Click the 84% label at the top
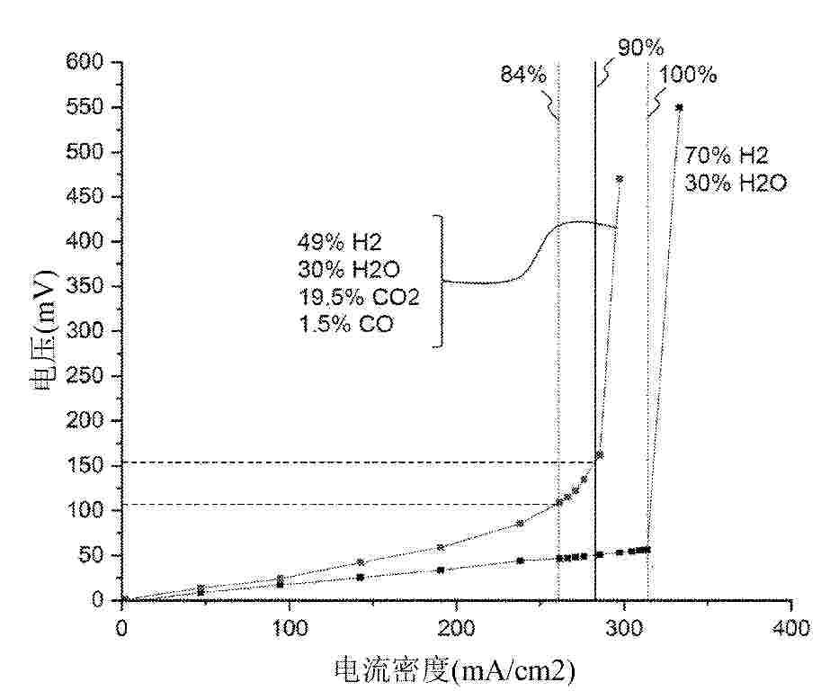click(x=523, y=75)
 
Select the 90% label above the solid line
click(x=639, y=47)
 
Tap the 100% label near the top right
click(x=687, y=75)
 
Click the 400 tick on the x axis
click(x=791, y=627)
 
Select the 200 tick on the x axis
click(x=457, y=627)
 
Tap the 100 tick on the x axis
click(x=290, y=627)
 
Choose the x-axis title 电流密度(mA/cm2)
click(x=453, y=670)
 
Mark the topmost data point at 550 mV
click(x=679, y=107)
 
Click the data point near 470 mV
click(x=619, y=178)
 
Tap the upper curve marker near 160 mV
click(x=600, y=454)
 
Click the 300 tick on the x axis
click(x=624, y=627)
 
